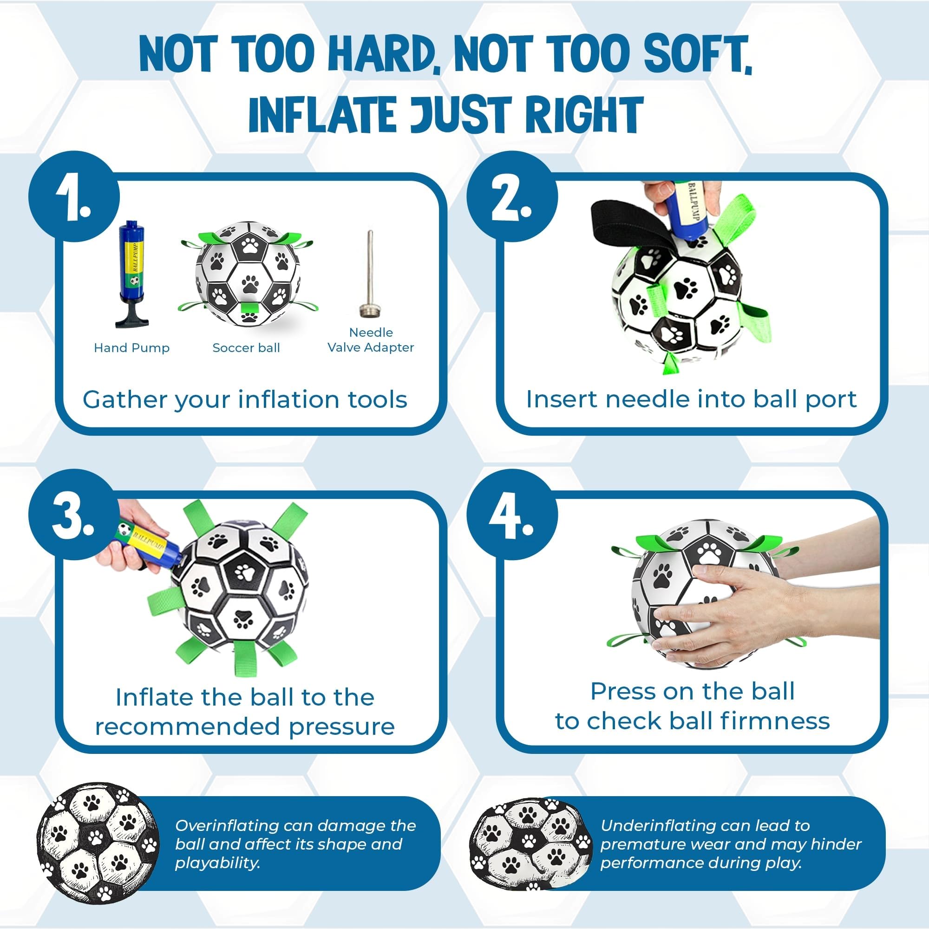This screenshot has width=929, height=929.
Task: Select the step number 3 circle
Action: tap(73, 516)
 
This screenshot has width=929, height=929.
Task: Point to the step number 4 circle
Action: tap(512, 516)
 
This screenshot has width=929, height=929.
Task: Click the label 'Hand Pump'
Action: tap(132, 347)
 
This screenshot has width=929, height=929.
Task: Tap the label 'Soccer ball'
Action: tap(246, 347)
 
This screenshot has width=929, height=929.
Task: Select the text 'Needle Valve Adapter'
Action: tap(371, 340)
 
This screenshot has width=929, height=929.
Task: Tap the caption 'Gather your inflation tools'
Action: tap(245, 399)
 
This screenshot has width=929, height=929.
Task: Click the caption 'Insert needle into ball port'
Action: tap(692, 399)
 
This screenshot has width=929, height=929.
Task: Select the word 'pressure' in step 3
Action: tap(342, 726)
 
